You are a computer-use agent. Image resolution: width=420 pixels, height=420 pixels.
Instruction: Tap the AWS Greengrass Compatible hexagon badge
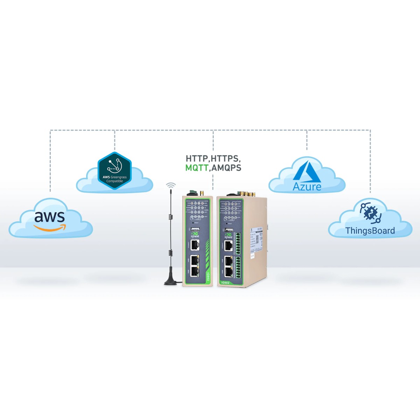click(114, 170)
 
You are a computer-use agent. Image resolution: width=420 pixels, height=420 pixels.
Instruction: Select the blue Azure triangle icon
click(307, 171)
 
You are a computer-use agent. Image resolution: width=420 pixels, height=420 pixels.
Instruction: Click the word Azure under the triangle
click(307, 187)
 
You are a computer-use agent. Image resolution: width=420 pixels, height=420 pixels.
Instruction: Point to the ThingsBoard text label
click(370, 231)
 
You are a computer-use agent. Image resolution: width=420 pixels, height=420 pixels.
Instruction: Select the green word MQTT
click(197, 168)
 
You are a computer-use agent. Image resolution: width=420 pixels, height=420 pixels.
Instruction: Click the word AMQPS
click(226, 168)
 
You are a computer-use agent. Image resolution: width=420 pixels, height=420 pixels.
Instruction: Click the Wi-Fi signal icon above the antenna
click(171, 185)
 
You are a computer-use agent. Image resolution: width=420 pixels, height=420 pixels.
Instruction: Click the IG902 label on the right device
click(225, 282)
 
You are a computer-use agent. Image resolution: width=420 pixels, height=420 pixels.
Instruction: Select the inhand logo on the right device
click(229, 235)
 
